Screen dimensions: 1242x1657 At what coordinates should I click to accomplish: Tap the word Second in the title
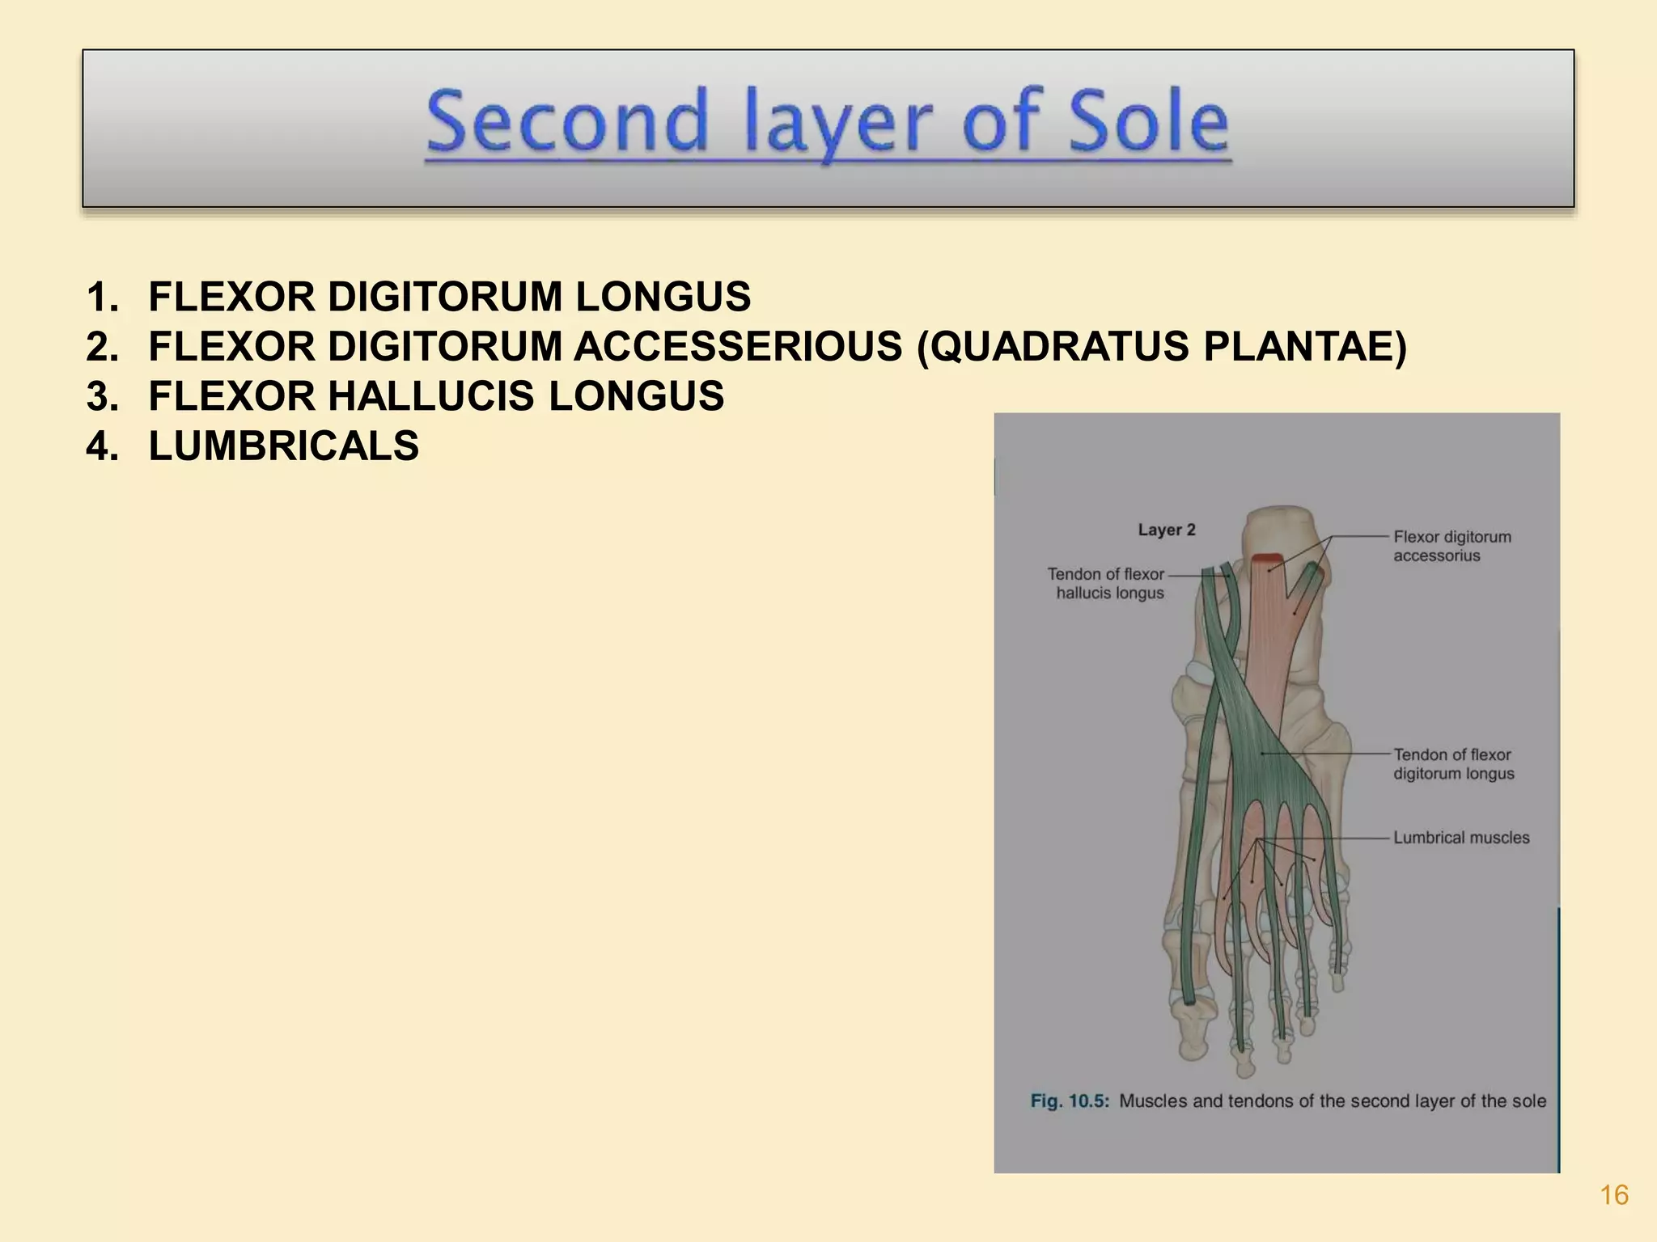(x=567, y=123)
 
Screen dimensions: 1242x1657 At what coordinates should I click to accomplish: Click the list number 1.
(x=102, y=297)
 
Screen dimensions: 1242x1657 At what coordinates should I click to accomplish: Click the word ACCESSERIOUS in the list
(x=738, y=346)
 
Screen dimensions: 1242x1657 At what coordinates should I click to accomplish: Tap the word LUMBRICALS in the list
(x=284, y=446)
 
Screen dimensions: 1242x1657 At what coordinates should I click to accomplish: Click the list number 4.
(x=102, y=446)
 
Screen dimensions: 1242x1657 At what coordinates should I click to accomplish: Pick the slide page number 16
(x=1614, y=1195)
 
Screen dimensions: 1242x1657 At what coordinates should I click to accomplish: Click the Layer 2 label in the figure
(x=1166, y=530)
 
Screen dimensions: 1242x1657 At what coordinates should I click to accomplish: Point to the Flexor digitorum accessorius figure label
(x=1451, y=546)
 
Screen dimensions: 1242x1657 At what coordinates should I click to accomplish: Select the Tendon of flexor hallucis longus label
(x=1107, y=583)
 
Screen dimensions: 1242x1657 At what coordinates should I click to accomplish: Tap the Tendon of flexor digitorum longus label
(x=1453, y=764)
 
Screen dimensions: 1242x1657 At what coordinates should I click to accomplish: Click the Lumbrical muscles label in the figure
(x=1461, y=838)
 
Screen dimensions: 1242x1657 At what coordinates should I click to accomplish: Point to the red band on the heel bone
(x=1267, y=558)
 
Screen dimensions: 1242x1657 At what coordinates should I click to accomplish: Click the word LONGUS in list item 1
(x=663, y=297)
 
